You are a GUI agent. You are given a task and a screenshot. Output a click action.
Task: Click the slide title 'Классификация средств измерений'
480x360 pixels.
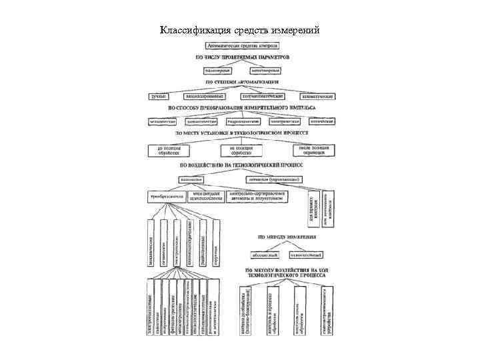click(240, 30)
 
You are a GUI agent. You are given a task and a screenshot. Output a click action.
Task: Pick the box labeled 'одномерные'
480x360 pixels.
click(215, 69)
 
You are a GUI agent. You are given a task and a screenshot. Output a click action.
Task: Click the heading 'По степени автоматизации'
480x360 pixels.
click(238, 81)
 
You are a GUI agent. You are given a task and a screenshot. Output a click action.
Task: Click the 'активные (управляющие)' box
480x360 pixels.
click(275, 179)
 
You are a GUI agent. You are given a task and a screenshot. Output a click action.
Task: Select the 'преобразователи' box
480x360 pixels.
click(167, 197)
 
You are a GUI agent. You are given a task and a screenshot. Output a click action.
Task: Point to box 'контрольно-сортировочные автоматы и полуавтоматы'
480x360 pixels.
click(256, 197)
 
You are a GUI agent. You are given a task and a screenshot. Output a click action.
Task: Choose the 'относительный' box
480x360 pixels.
click(307, 254)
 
